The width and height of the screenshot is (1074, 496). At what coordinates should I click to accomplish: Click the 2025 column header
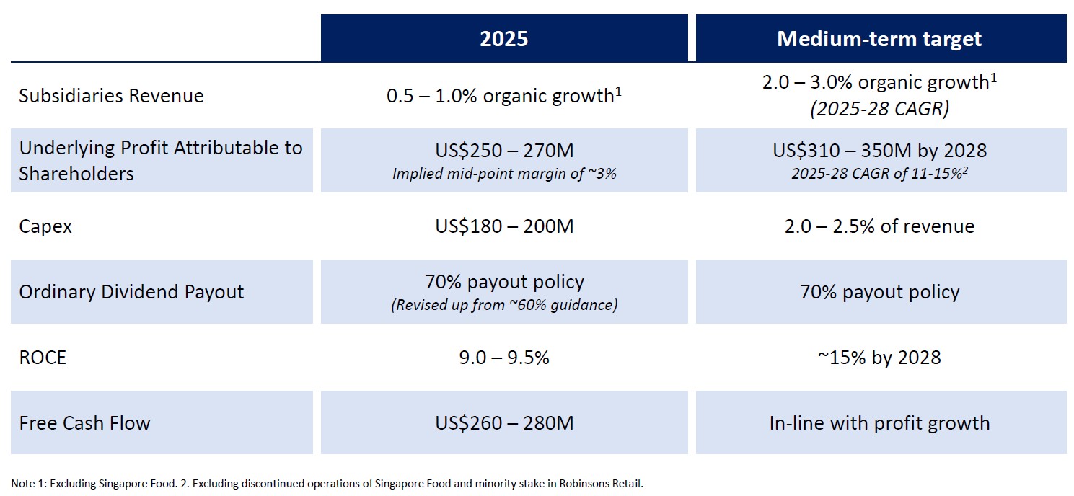pyautogui.click(x=504, y=38)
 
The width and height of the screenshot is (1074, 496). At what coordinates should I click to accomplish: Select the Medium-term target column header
pyautogui.click(x=879, y=38)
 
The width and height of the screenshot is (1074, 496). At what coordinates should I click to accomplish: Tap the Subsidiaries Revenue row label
pyautogui.click(x=112, y=96)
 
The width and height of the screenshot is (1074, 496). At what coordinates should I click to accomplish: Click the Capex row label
pyautogui.click(x=45, y=226)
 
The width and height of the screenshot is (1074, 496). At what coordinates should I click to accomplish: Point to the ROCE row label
pyautogui.click(x=43, y=358)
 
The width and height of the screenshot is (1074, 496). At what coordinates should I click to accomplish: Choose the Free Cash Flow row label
pyautogui.click(x=85, y=422)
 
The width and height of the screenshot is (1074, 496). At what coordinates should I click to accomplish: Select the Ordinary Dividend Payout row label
pyautogui.click(x=131, y=292)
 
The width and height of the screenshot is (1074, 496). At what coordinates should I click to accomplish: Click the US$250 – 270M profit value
pyautogui.click(x=504, y=151)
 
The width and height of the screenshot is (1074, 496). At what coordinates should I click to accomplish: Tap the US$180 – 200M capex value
pyautogui.click(x=504, y=226)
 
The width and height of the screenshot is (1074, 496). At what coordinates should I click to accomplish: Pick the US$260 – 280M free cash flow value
pyautogui.click(x=504, y=422)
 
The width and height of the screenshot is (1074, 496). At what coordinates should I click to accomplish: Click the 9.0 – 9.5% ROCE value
pyautogui.click(x=504, y=358)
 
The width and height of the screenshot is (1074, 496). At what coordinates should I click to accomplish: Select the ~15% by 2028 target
pyautogui.click(x=879, y=358)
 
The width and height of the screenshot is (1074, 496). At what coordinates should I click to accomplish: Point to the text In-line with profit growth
pyautogui.click(x=879, y=422)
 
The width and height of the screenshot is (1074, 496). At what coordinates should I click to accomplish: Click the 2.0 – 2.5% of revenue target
pyautogui.click(x=879, y=226)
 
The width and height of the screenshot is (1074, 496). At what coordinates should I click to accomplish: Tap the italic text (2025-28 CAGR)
pyautogui.click(x=879, y=109)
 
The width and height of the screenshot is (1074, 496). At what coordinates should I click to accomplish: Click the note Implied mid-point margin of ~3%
pyautogui.click(x=504, y=174)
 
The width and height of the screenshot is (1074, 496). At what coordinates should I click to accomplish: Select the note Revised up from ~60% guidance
pyautogui.click(x=504, y=305)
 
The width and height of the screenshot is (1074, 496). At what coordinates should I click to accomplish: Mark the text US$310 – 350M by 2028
pyautogui.click(x=879, y=151)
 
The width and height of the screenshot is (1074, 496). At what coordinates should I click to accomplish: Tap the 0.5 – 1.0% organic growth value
pyautogui.click(x=504, y=96)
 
